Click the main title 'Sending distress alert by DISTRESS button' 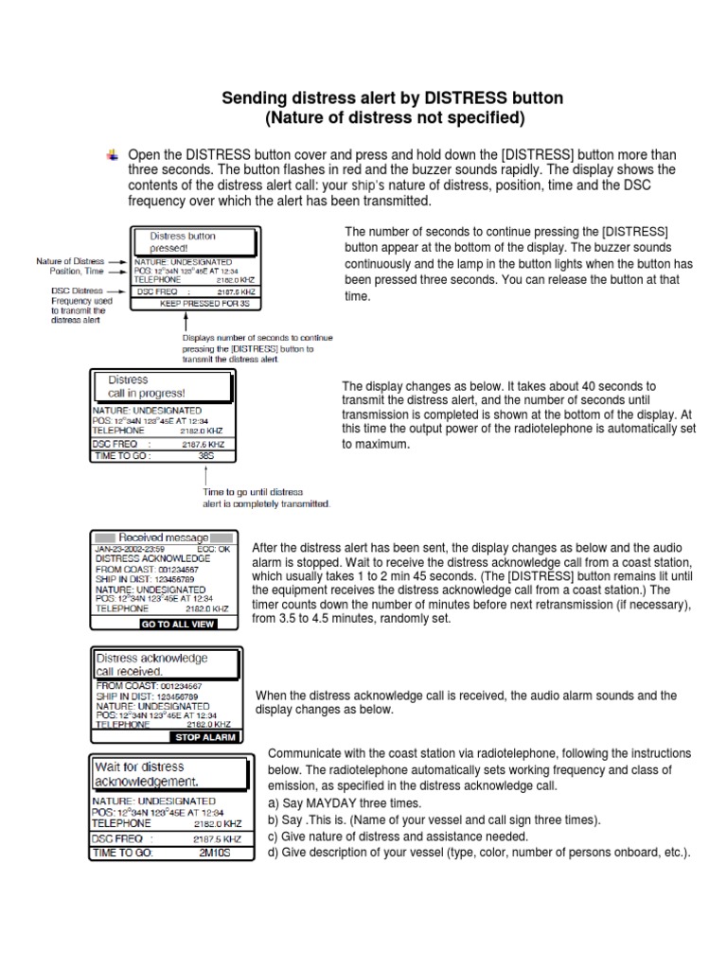point(392,97)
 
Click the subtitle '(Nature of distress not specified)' point(392,117)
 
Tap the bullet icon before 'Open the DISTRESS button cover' point(113,154)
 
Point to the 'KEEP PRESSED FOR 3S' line point(204,304)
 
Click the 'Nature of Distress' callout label point(70,261)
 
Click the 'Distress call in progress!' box point(160,387)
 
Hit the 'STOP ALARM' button point(205,737)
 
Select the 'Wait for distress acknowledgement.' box point(171,774)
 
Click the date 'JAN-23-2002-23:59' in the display point(130,548)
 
